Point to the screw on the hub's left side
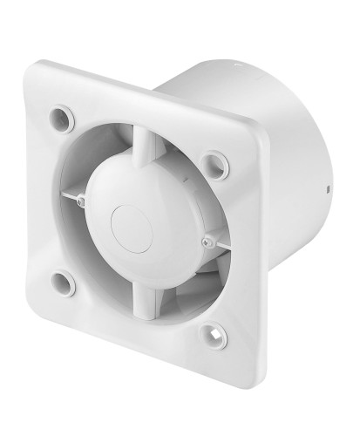[x=80, y=202]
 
